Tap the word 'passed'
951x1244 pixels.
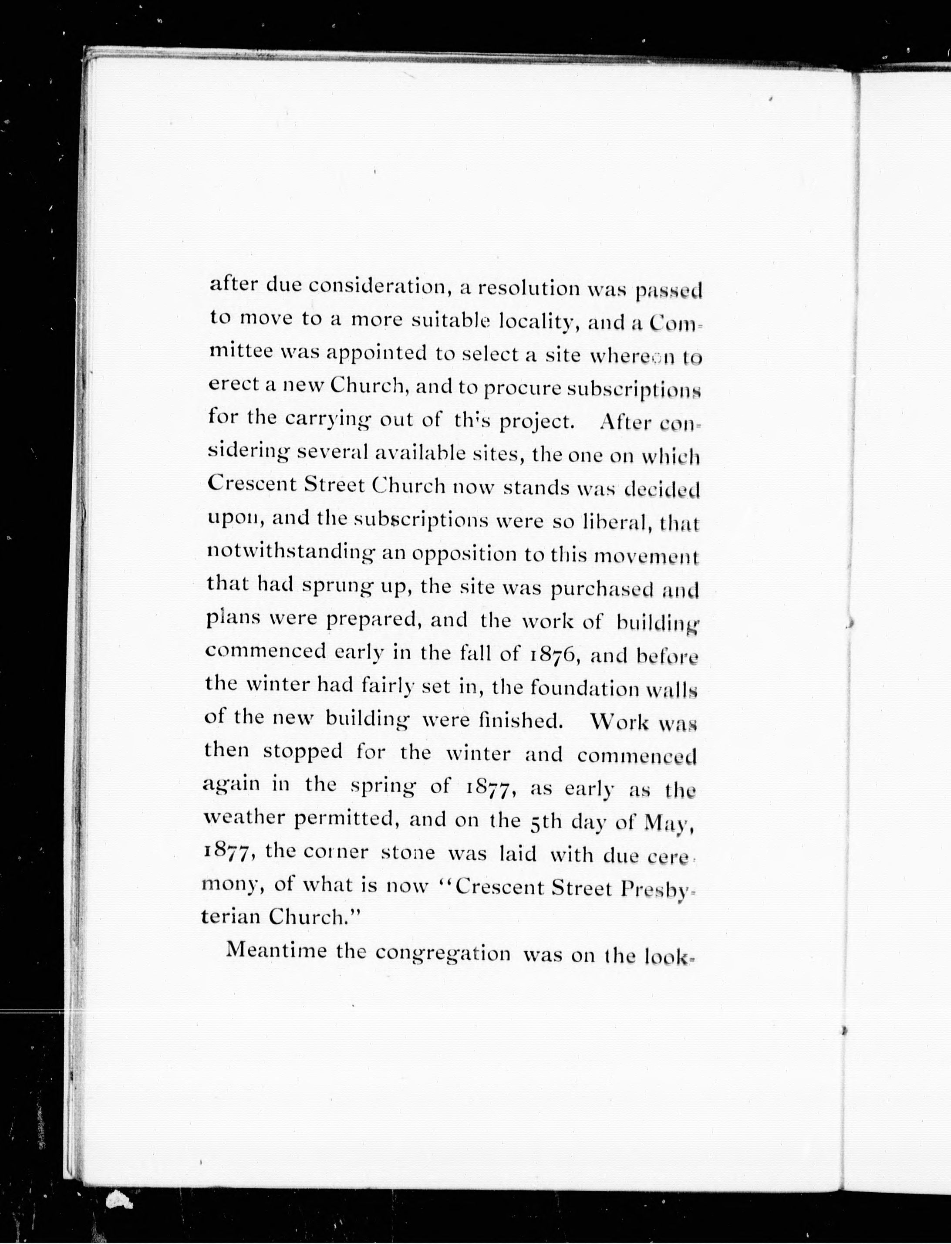[x=668, y=291]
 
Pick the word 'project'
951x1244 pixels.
[x=533, y=421]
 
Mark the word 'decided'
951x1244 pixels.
[x=662, y=489]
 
